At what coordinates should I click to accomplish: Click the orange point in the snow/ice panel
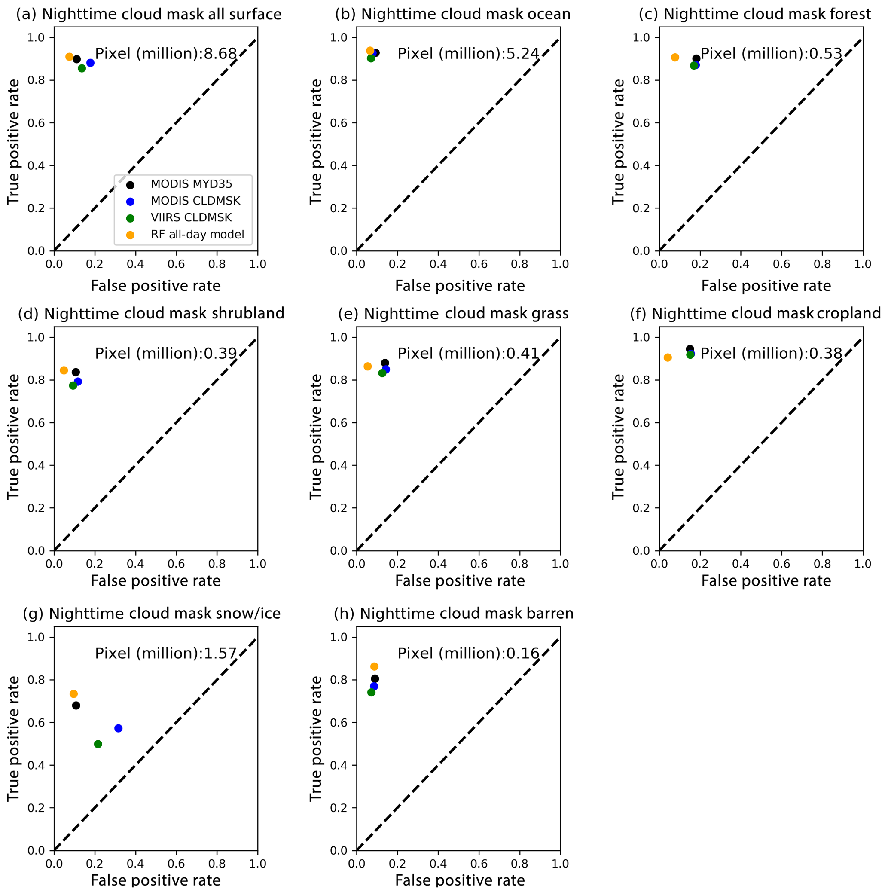coord(73,694)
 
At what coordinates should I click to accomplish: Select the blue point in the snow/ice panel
coord(118,728)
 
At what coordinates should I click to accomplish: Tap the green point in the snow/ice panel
coord(98,744)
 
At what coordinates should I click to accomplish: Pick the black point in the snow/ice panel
coord(76,706)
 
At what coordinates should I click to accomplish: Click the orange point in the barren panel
coord(374,666)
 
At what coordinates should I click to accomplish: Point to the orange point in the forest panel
coord(675,58)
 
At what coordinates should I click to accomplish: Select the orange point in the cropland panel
coord(668,357)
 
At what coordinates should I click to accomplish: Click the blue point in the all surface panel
coord(90,63)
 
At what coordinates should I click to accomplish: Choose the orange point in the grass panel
coord(367,367)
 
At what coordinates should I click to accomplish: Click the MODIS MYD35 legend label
coord(191,184)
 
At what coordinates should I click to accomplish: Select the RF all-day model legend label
coord(197,235)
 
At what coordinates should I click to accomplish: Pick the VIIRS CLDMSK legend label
coord(191,218)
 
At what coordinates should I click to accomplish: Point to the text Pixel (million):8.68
coord(166,54)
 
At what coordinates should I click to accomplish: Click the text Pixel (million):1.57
coord(166,654)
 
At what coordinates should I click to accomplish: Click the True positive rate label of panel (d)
coord(14,437)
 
